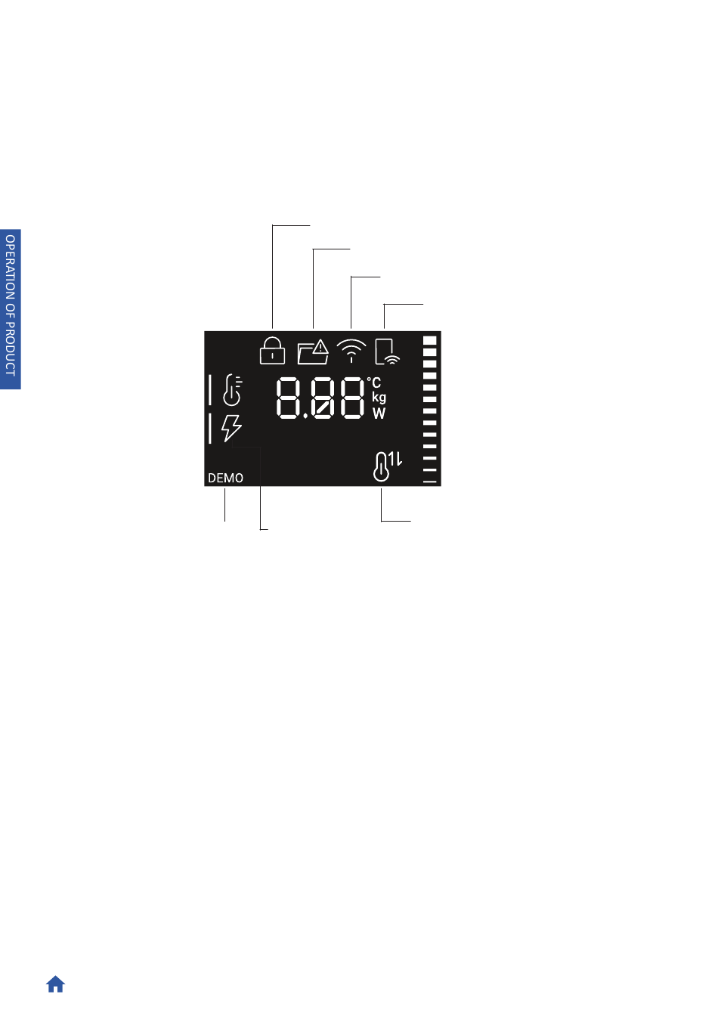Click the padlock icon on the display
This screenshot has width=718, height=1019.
click(272, 350)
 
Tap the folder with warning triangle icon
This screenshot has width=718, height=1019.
click(313, 352)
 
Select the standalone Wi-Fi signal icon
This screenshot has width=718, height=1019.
click(351, 351)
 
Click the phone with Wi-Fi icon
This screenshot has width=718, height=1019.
click(387, 351)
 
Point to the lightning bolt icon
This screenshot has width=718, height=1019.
click(231, 429)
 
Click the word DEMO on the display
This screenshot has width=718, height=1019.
click(225, 478)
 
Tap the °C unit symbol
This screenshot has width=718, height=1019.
click(374, 383)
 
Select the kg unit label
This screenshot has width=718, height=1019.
click(379, 398)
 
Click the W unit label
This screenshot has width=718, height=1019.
click(379, 413)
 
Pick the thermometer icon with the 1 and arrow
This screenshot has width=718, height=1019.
click(387, 466)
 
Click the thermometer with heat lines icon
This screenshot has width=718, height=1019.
click(232, 389)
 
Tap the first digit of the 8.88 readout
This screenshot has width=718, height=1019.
click(289, 398)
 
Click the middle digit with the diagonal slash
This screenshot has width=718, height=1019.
click(323, 398)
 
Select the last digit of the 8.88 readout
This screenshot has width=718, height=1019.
click(351, 398)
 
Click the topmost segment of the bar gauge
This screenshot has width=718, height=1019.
click(430, 340)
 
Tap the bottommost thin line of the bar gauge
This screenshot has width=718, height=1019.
click(430, 482)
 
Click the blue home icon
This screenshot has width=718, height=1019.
click(56, 984)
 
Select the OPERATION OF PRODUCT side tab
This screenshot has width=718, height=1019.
click(11, 308)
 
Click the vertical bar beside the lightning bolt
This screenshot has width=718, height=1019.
click(210, 429)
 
